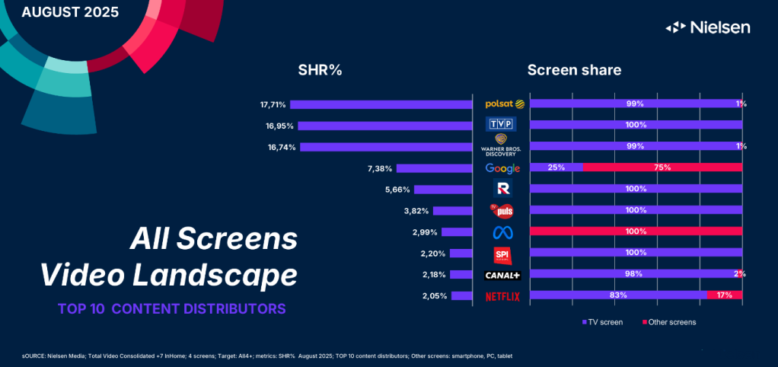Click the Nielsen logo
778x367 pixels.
(x=708, y=27)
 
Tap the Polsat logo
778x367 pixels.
(x=502, y=104)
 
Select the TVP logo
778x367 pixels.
(x=502, y=124)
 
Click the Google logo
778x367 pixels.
(x=502, y=168)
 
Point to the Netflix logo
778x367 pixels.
(x=502, y=296)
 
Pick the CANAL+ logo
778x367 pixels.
(x=502, y=275)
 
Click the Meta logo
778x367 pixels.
(x=502, y=231)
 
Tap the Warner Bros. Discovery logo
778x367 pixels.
(x=502, y=145)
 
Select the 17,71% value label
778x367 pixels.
(x=271, y=104)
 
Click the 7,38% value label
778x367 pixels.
(x=378, y=168)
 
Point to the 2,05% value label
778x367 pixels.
(x=434, y=296)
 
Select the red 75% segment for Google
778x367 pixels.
(x=662, y=168)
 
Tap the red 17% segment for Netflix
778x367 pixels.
(x=725, y=295)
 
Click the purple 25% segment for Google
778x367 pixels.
(x=556, y=168)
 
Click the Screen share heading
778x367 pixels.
(x=574, y=70)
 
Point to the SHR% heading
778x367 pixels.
(x=320, y=70)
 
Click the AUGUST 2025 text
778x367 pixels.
(x=70, y=12)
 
